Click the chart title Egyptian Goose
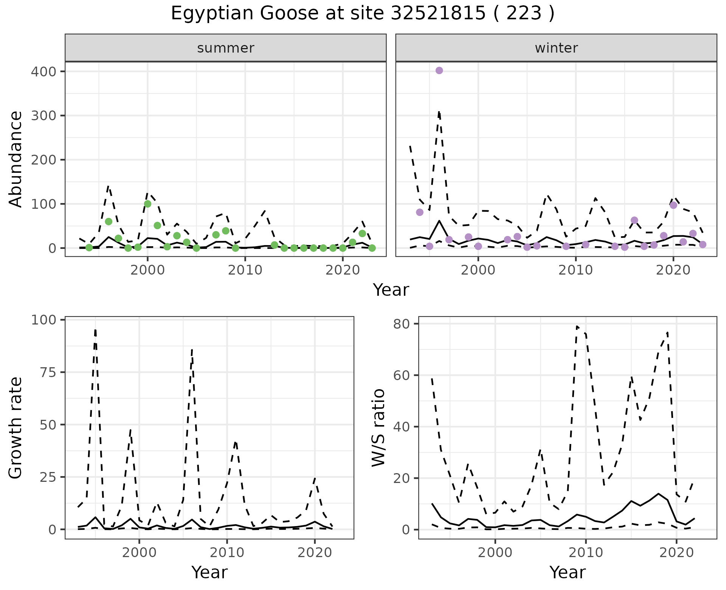pyautogui.click(x=363, y=14)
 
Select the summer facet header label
pyautogui.click(x=226, y=48)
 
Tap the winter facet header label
pyautogui.click(x=556, y=48)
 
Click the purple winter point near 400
pyautogui.click(x=439, y=70)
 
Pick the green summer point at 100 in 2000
pyautogui.click(x=147, y=204)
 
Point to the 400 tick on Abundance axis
pyautogui.click(x=43, y=71)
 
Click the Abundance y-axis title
pyautogui.click(x=16, y=159)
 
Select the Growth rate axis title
pyautogui.click(x=16, y=428)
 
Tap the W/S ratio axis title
pyautogui.click(x=378, y=428)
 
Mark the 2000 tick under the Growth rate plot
pyautogui.click(x=139, y=553)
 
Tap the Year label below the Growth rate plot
pyautogui.click(x=209, y=572)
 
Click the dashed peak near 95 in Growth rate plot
pyautogui.click(x=95, y=330)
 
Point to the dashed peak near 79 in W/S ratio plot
pyautogui.click(x=577, y=326)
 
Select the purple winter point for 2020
pyautogui.click(x=673, y=205)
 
